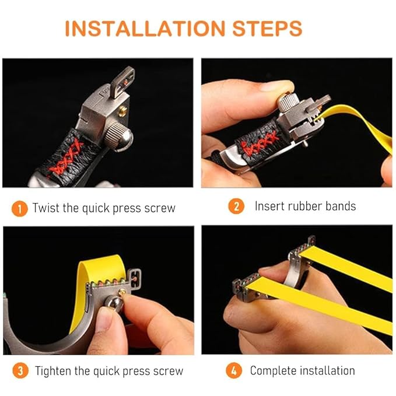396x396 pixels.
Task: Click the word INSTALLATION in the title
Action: click(x=145, y=28)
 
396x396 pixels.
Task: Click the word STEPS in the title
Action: click(x=267, y=28)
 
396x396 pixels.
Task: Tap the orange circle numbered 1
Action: click(x=19, y=209)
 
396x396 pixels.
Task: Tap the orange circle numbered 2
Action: click(x=236, y=206)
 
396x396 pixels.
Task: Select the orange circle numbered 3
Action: click(x=20, y=370)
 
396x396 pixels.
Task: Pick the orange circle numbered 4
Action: click(x=234, y=370)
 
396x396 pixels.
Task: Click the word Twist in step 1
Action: click(x=46, y=208)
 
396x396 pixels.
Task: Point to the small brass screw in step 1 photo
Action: click(x=122, y=111)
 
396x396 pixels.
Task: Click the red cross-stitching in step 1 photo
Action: click(x=66, y=157)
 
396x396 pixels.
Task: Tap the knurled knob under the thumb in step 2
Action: click(x=287, y=101)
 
